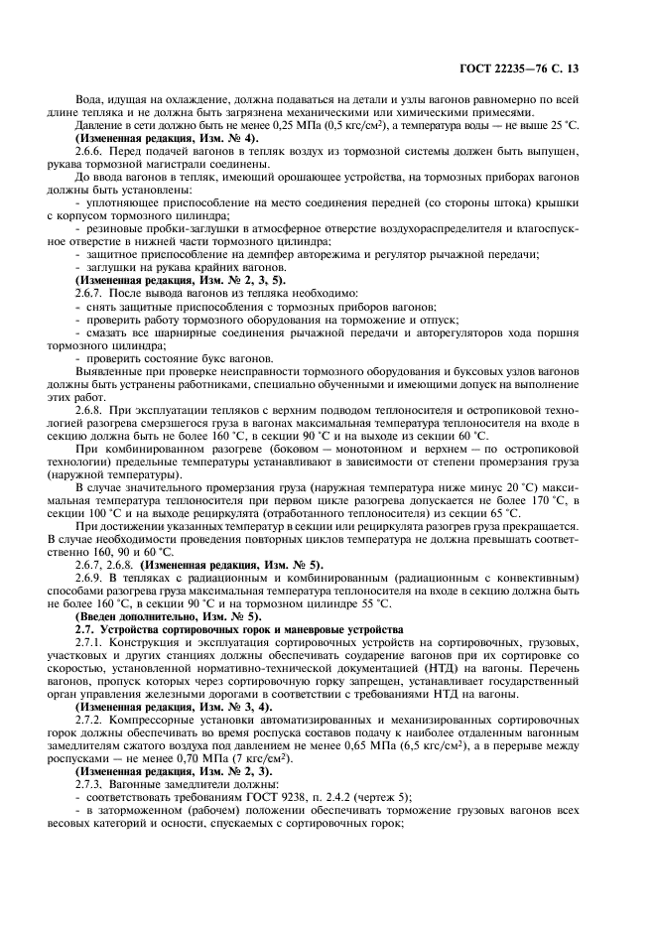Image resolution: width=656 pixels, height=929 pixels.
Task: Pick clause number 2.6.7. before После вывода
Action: [93, 294]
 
